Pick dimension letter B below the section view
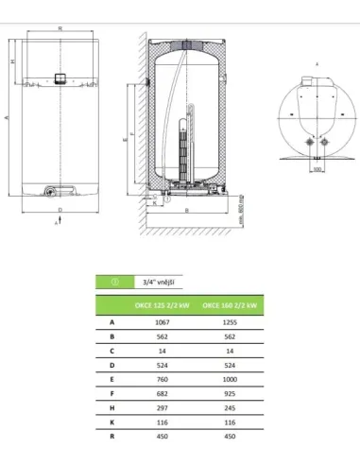point(188,210)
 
